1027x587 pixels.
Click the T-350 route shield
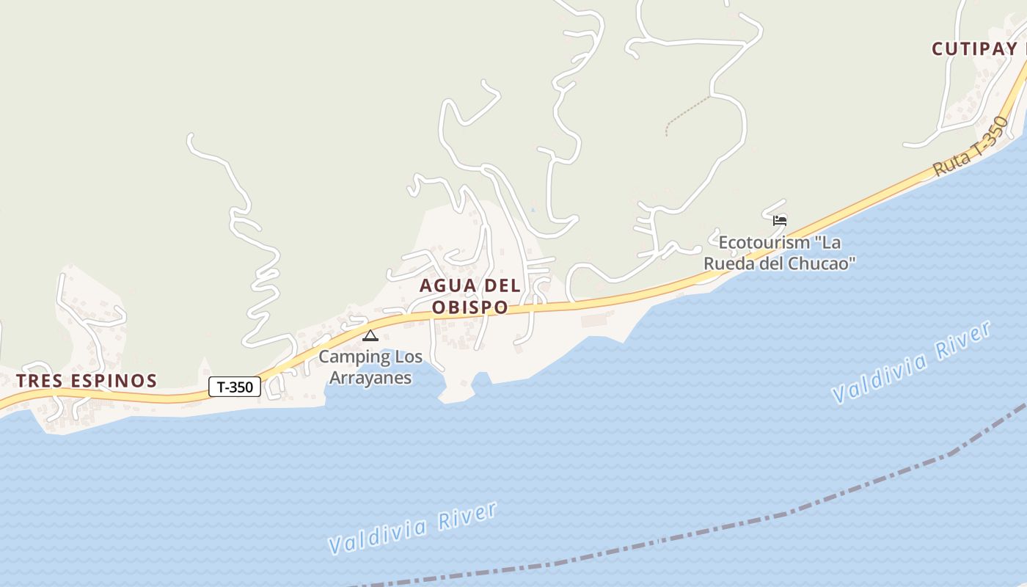[x=235, y=387]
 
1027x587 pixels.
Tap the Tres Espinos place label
[x=87, y=380]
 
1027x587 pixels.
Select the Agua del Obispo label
[x=469, y=296]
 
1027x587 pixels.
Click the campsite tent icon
[x=370, y=336]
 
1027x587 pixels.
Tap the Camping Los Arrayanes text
[x=370, y=368]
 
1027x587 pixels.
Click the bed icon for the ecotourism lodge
[x=780, y=219]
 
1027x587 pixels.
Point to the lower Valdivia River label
[x=413, y=528]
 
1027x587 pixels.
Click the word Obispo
[x=469, y=307]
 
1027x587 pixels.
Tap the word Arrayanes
[x=370, y=378]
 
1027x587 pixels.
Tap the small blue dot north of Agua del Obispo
[x=533, y=211]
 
